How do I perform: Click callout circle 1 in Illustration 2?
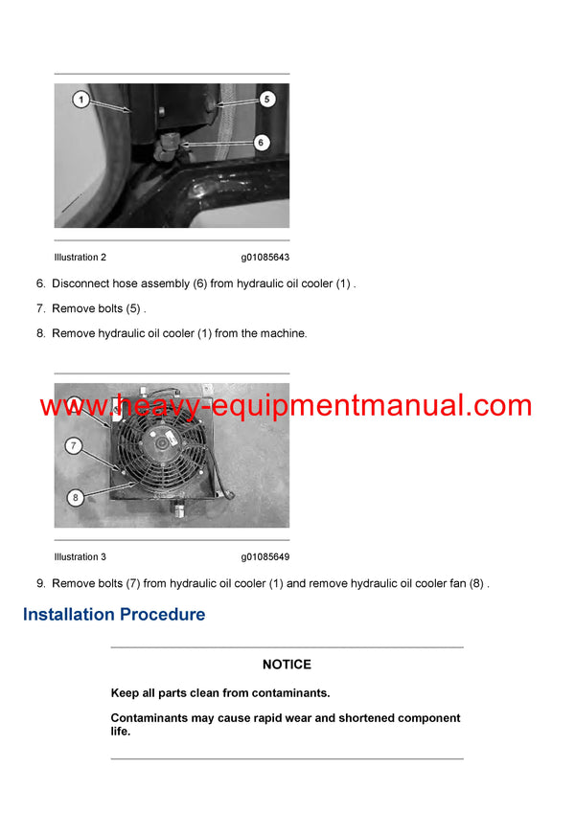(x=81, y=99)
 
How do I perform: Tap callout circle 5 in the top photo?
(x=266, y=99)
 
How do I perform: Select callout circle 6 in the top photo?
(x=261, y=142)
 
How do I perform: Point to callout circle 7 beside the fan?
(x=73, y=445)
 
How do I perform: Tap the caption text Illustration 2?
(x=80, y=258)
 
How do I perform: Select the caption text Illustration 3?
(x=80, y=557)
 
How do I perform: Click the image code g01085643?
(x=265, y=258)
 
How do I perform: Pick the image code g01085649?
(x=265, y=557)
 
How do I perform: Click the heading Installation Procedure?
(x=114, y=615)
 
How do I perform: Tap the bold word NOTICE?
(x=287, y=665)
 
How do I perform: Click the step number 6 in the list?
(x=40, y=284)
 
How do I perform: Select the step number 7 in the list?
(x=40, y=309)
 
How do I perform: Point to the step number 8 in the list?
(x=40, y=334)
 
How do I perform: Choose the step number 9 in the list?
(x=40, y=584)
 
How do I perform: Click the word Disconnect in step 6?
(x=80, y=284)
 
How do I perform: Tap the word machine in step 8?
(x=284, y=334)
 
